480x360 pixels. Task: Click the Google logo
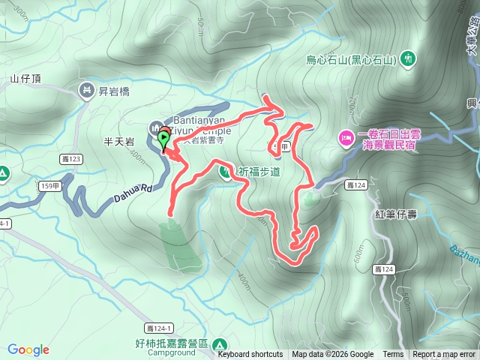pos(28,349)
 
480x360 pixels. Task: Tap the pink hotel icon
pos(346,136)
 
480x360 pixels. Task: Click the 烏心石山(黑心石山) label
pos(350,59)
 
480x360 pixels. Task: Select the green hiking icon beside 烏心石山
pos(407,58)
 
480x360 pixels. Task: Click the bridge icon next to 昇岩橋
pos(87,91)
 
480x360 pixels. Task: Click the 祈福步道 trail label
pos(259,172)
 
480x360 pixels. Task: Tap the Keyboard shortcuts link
pos(250,355)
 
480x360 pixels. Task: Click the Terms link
pos(393,355)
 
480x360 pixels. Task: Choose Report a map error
pos(444,355)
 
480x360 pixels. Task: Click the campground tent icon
pos(220,345)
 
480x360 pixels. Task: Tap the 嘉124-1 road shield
pos(160,327)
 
